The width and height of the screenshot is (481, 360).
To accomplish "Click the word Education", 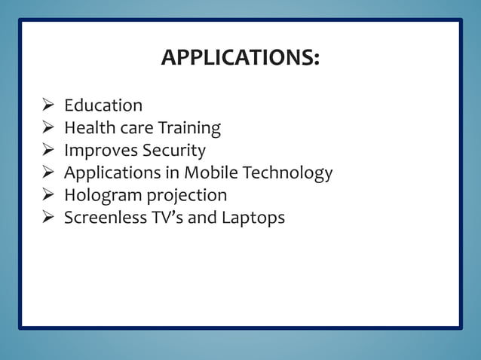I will (103, 105).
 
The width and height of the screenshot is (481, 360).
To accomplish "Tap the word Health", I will (87, 128).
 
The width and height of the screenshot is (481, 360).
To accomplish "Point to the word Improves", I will (97, 151).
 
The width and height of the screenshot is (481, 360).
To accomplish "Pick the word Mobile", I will (210, 173).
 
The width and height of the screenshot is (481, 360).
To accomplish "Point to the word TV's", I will (167, 218).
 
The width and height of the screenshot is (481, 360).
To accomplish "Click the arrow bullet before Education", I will (47, 105).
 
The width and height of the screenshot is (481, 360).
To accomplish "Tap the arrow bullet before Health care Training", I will (47, 128).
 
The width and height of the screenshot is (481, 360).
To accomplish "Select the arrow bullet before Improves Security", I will (47, 151).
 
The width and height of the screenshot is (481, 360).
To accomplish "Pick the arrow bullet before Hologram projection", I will (47, 196).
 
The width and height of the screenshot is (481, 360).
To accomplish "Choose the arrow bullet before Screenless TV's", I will (47, 218).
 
